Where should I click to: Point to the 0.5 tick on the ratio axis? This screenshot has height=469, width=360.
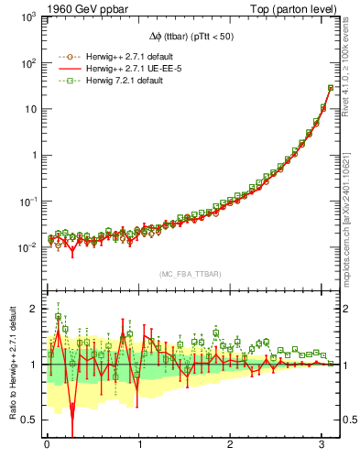pos(27,420)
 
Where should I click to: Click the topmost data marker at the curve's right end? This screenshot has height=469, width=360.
pos(330,88)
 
